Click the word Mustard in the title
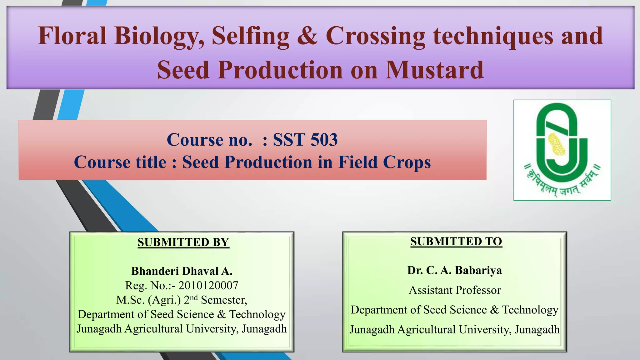434,70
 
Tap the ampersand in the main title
307,36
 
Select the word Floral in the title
72,36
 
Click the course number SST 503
305,139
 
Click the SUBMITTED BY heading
183,242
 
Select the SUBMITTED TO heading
456,242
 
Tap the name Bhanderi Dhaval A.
182,271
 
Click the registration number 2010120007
208,285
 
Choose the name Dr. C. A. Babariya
454,270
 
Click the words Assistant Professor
455,290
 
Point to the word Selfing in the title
251,36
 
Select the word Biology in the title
158,36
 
